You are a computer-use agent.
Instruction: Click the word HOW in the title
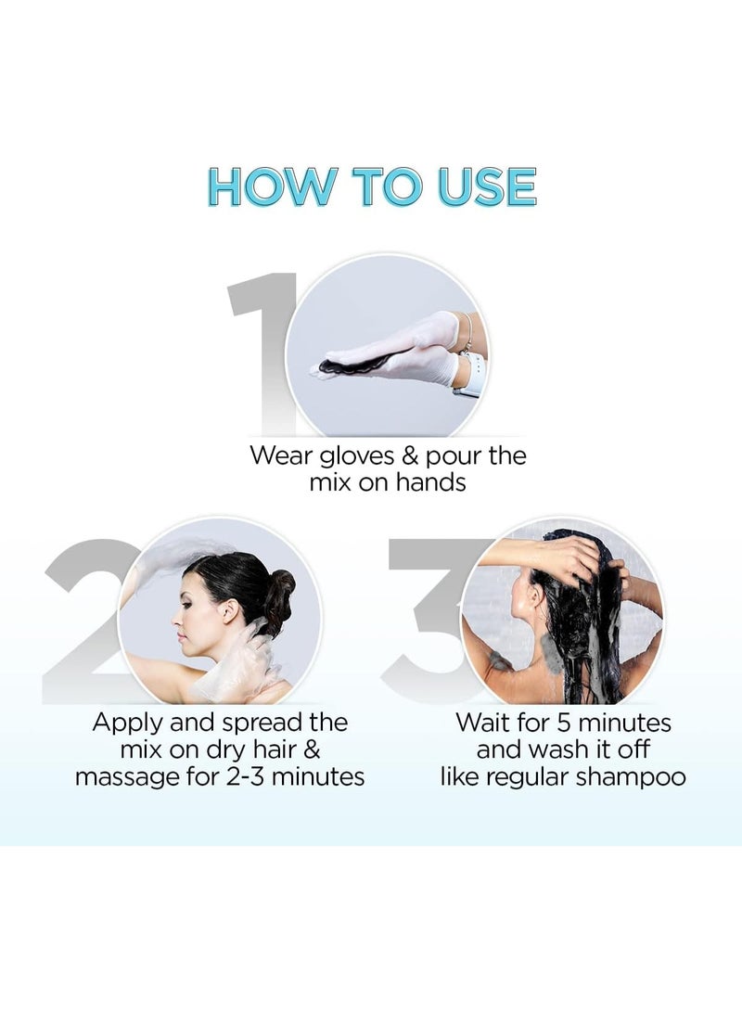[x=272, y=187]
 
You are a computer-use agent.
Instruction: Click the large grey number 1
[x=262, y=352]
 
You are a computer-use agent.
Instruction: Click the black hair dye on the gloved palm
[x=355, y=364]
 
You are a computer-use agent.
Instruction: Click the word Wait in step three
[x=482, y=723]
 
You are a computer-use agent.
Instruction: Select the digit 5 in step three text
[x=565, y=723]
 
